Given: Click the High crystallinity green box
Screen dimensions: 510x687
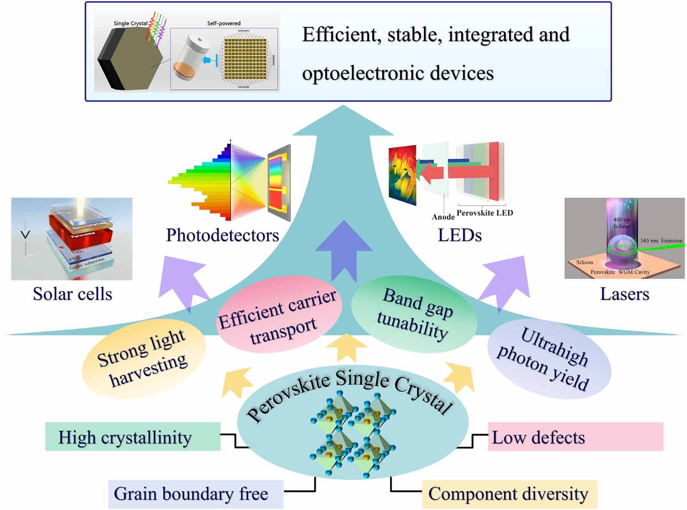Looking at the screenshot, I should pyautogui.click(x=132, y=437).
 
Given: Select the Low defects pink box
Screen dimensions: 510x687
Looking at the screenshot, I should pyautogui.click(x=575, y=437).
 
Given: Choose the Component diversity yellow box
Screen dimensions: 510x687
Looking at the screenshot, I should pyautogui.click(x=509, y=494).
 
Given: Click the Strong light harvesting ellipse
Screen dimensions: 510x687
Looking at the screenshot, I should pyautogui.click(x=143, y=359).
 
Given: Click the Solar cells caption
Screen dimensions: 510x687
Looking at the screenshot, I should pyautogui.click(x=72, y=294).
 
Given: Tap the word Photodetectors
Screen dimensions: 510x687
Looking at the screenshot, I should pyautogui.click(x=222, y=235).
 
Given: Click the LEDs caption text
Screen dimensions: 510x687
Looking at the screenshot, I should pyautogui.click(x=459, y=235).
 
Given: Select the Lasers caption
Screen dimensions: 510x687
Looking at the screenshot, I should pyautogui.click(x=624, y=294).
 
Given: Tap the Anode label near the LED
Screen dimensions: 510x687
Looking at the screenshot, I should pyautogui.click(x=443, y=217).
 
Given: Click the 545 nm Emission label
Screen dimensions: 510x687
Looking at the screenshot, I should pyautogui.click(x=661, y=241).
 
